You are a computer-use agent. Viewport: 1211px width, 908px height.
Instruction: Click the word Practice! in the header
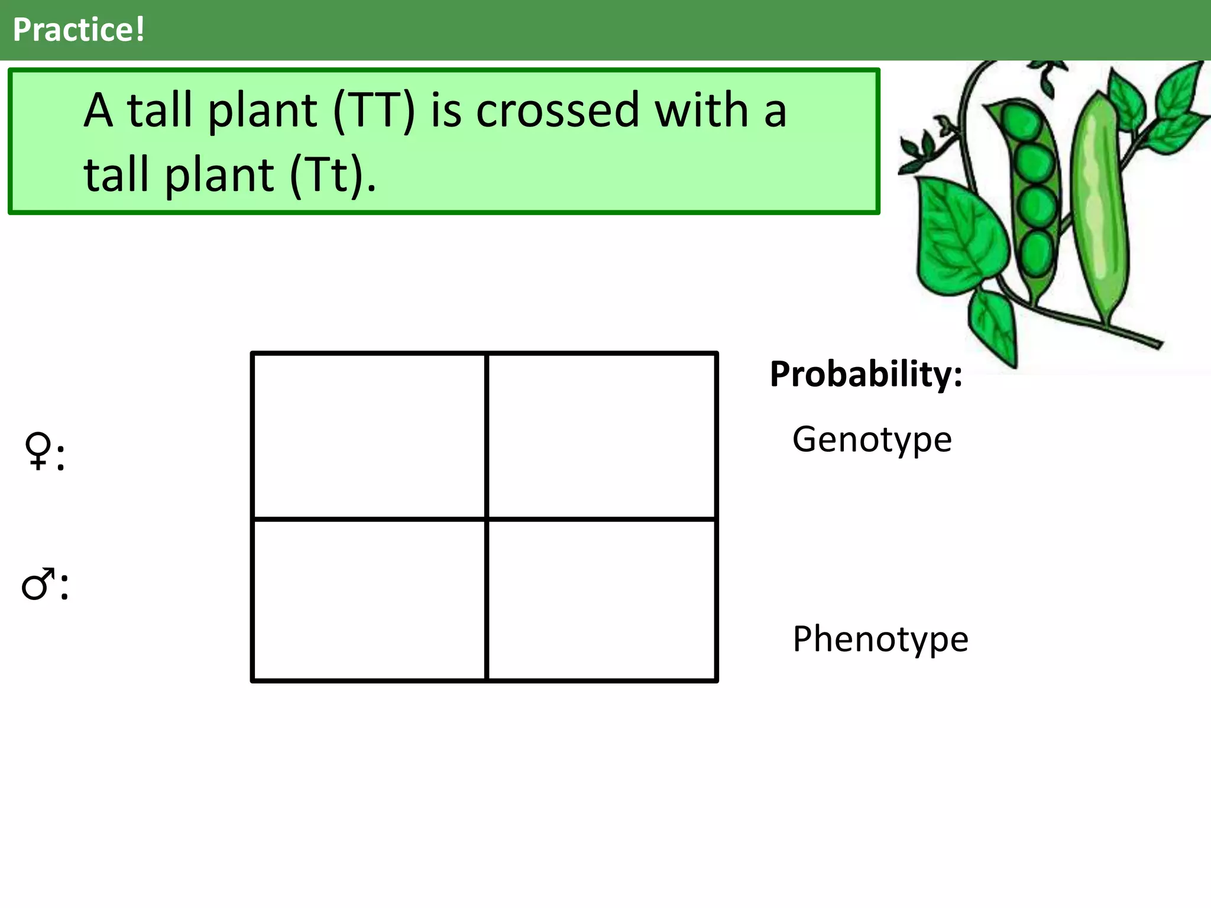[79, 30]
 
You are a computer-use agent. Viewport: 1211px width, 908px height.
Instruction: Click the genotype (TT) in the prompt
[374, 111]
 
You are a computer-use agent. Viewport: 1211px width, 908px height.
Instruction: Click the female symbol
[38, 452]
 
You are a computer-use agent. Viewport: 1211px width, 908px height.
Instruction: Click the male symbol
[37, 585]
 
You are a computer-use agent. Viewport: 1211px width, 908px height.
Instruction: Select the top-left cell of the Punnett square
[369, 436]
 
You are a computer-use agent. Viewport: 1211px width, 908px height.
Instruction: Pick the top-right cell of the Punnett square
[601, 436]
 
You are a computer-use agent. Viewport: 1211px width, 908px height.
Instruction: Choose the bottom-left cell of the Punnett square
[369, 600]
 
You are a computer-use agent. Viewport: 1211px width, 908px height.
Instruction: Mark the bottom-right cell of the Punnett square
[601, 600]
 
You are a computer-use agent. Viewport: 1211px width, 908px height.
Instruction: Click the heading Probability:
[866, 374]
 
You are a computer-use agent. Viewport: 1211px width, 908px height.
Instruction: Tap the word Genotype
[872, 440]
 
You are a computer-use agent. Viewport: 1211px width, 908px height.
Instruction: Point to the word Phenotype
[880, 639]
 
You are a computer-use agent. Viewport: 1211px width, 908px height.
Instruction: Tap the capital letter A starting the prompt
[98, 111]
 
